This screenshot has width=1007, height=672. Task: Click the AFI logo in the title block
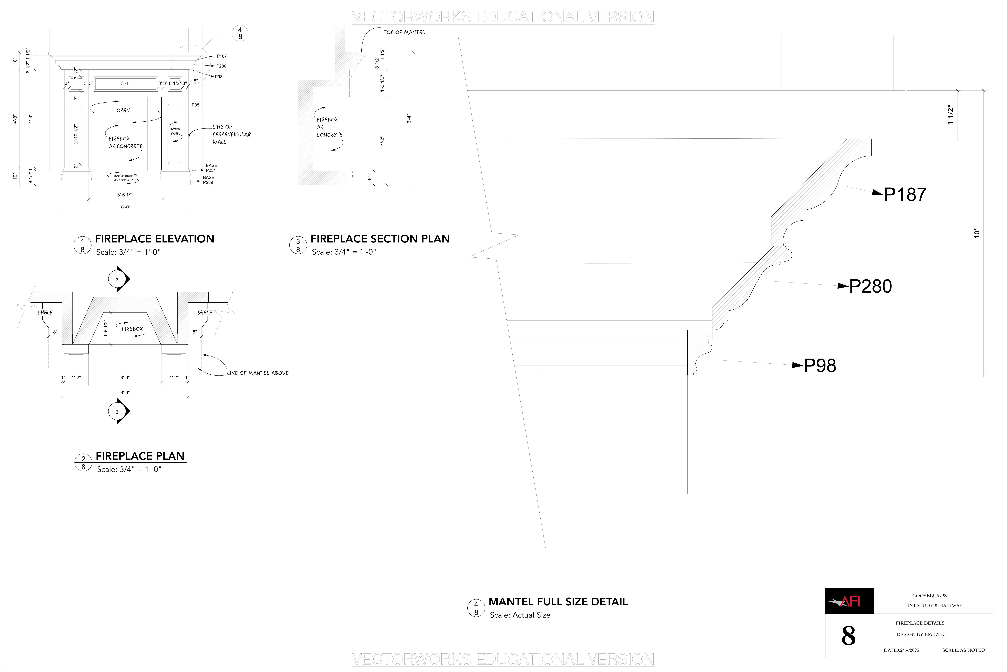click(x=849, y=601)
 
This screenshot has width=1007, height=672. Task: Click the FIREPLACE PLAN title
click(x=140, y=456)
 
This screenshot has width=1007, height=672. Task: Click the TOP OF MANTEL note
click(x=404, y=32)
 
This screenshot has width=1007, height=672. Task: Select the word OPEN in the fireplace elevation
click(x=123, y=111)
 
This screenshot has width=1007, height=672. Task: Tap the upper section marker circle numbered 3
click(x=117, y=279)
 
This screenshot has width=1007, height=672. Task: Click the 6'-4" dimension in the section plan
click(x=409, y=119)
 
